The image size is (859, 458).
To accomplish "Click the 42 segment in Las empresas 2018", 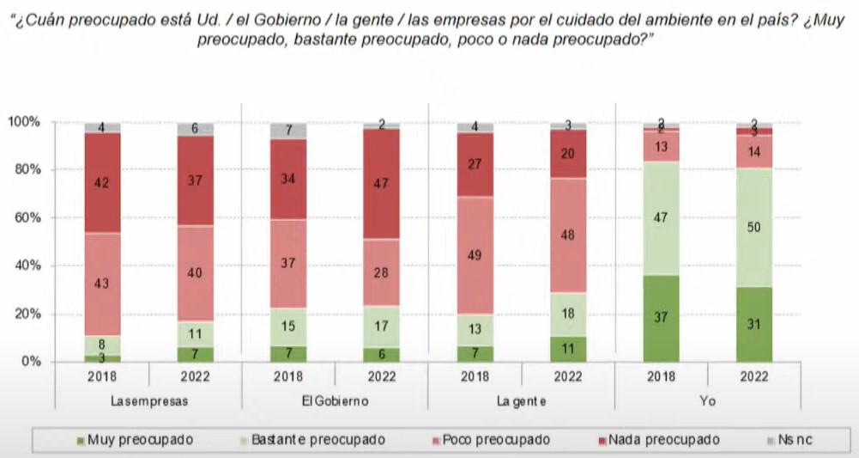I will [103, 182].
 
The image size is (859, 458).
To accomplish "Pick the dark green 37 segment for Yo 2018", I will [660, 318].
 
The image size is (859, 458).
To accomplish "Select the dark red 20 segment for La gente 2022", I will [567, 154].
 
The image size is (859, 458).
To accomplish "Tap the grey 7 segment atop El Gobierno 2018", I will [288, 131].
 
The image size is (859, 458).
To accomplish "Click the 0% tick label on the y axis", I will [29, 362].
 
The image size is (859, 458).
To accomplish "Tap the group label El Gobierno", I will [335, 400].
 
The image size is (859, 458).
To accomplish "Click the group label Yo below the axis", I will [706, 400].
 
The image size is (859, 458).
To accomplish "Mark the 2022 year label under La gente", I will [567, 376].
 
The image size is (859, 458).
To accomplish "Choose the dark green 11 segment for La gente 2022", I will [567, 349].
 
